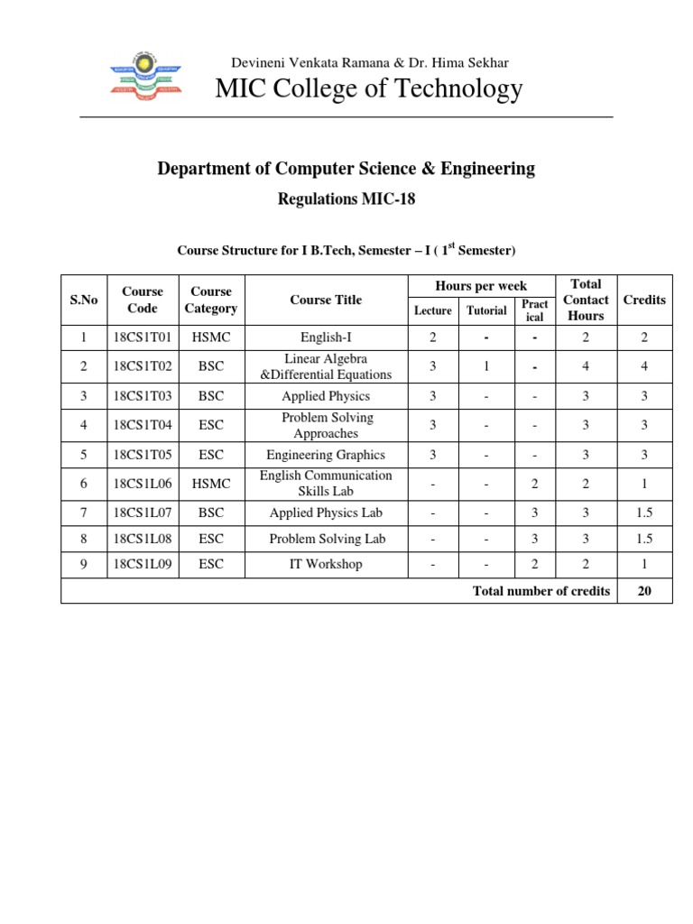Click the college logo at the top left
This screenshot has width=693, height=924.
click(x=144, y=77)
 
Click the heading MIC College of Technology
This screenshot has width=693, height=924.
click(x=368, y=88)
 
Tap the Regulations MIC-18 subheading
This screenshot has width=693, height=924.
click(x=346, y=199)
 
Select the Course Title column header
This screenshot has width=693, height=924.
click(x=326, y=300)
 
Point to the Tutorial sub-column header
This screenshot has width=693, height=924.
click(x=486, y=310)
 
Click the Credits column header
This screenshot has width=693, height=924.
click(x=644, y=300)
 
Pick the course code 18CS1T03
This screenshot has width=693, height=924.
click(x=143, y=396)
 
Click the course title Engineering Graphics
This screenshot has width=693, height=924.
click(x=326, y=455)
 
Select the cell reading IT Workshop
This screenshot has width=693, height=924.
click(x=326, y=564)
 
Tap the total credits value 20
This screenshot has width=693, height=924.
click(x=644, y=591)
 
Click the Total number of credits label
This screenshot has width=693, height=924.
click(x=541, y=591)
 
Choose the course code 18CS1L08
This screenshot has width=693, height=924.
click(x=143, y=539)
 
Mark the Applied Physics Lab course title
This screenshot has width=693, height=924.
click(x=326, y=513)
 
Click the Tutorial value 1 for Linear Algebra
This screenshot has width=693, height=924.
click(x=486, y=366)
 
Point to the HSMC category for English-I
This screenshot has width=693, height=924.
click(x=210, y=337)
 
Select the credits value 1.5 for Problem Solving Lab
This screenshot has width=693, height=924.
click(x=644, y=539)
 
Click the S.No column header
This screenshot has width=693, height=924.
click(x=84, y=300)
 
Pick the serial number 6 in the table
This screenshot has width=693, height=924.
click(x=84, y=484)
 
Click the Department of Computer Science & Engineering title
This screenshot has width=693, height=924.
click(x=346, y=169)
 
